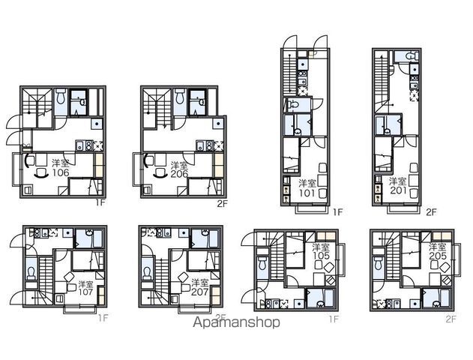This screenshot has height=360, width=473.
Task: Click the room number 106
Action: coord(61,172)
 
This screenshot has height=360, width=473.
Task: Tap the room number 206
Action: coord(179,174)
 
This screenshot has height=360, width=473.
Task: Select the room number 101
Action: coord(307,193)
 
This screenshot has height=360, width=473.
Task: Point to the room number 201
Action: coord(398,190)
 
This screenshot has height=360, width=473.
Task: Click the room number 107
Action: coord(85,292)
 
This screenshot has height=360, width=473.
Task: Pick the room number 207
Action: coord(200,292)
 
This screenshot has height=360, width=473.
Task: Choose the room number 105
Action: coord(321,256)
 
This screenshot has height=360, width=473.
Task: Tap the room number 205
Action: coord(438,256)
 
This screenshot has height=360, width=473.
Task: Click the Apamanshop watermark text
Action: coord(236,322)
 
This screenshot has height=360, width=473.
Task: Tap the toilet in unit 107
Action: coord(31,272)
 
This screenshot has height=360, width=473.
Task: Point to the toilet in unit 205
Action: coord(377,263)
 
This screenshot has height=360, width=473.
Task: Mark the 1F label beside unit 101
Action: coord(338,212)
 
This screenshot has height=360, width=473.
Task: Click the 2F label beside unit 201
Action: coord(431,212)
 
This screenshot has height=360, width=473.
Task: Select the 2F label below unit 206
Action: coord(222,204)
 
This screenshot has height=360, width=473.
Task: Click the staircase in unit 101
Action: coord(289,76)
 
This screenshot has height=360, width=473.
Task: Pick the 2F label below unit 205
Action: coord(451,319)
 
